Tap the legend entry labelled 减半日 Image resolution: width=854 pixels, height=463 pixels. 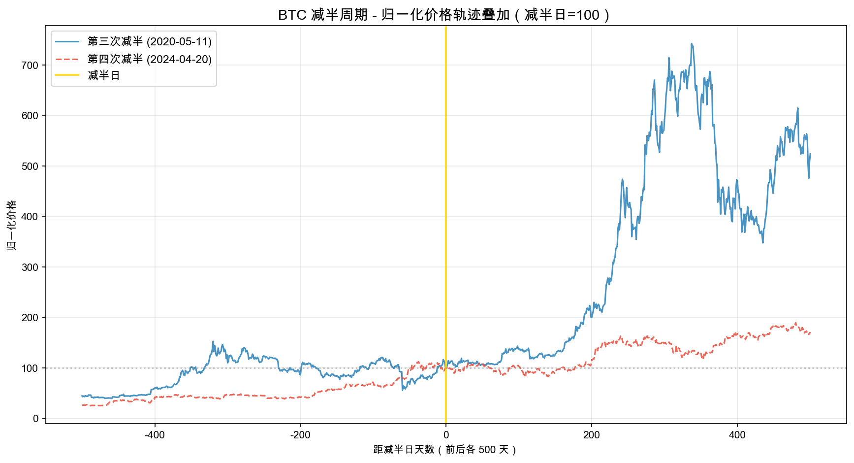[x=104, y=75]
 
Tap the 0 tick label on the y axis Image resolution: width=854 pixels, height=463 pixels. [x=35, y=419]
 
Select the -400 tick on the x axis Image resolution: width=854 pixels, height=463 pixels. [x=155, y=435]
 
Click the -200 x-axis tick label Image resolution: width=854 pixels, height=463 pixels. [x=300, y=435]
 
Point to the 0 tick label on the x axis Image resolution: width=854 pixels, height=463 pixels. [x=446, y=435]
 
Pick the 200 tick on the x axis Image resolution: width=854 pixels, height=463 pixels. [x=592, y=435]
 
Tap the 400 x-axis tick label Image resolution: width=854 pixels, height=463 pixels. [x=737, y=435]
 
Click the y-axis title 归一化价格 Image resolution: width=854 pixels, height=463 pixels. [x=12, y=225]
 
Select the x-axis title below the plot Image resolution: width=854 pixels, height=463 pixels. [x=445, y=450]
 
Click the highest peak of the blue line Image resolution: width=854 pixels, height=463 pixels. [x=692, y=44]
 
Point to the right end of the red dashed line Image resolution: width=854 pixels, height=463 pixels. [x=810, y=333]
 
